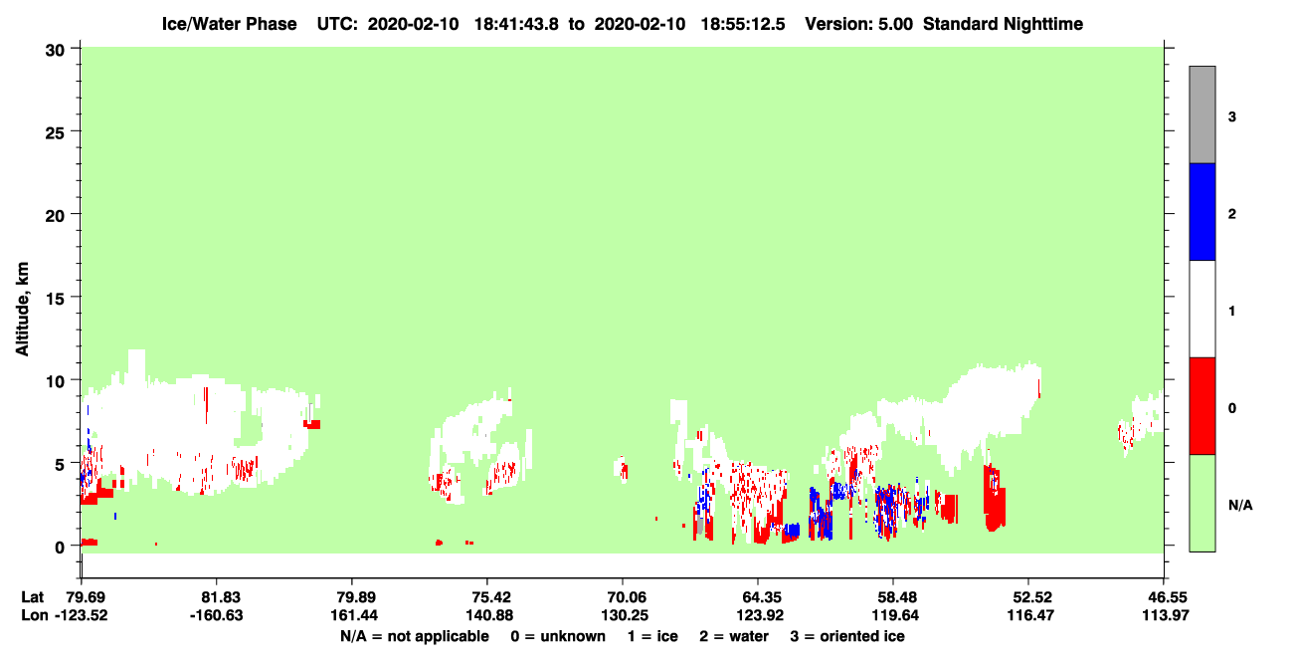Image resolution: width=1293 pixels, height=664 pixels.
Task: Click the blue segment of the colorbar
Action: (1201, 211)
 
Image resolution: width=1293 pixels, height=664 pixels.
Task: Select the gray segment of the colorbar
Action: (1201, 114)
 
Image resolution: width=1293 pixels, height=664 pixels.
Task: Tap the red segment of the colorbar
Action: (1201, 406)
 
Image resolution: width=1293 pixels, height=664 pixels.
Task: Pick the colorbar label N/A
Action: (1240, 506)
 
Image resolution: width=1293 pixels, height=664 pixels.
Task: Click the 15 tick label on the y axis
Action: (55, 298)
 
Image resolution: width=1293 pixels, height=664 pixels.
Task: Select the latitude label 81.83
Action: (217, 597)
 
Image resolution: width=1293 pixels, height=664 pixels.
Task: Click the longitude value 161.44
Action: (354, 615)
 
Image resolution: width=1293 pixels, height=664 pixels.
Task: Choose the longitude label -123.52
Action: (82, 615)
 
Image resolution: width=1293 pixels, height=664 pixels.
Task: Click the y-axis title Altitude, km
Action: (22, 310)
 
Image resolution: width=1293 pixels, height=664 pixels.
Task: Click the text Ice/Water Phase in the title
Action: (229, 24)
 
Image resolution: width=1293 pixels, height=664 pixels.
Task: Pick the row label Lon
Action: (34, 615)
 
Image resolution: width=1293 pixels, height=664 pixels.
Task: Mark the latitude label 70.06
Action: (624, 597)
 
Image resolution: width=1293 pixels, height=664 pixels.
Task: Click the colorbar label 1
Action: (1231, 312)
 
